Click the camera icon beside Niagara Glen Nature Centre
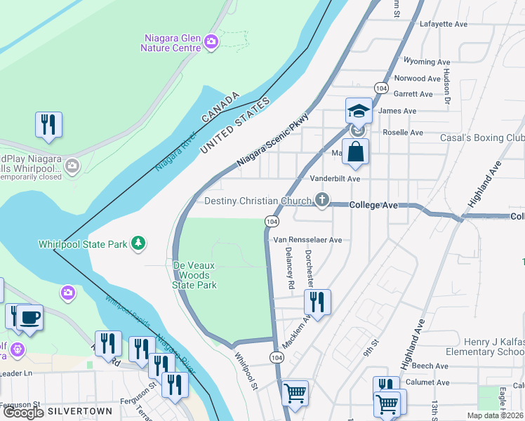point(211,44)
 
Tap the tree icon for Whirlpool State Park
point(139,243)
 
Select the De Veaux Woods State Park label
point(194,275)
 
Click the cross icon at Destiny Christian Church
point(322,201)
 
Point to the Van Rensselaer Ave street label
point(307,239)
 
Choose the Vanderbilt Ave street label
point(335,179)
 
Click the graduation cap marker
point(359,111)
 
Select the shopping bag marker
point(356,151)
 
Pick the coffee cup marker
point(29,317)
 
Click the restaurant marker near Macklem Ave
point(317,302)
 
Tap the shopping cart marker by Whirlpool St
point(295,393)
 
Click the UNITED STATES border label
point(234,126)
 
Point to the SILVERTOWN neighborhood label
point(76,410)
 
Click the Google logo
point(23,413)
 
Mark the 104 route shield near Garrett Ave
point(380,88)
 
